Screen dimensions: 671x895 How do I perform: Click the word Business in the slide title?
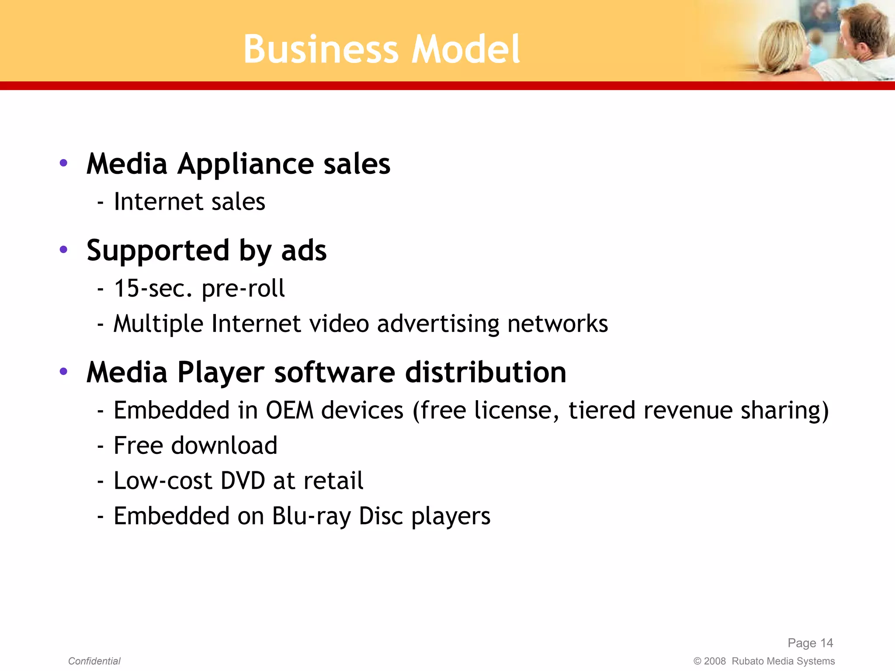pos(321,49)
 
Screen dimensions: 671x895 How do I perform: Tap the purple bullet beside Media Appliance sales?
pos(64,163)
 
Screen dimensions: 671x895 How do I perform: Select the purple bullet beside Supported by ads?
pos(64,250)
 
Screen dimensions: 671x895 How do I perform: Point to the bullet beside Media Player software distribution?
pos(64,372)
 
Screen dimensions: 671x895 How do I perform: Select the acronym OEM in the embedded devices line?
pos(290,411)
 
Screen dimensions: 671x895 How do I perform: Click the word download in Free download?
pos(224,446)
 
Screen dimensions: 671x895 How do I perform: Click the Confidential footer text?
pos(94,661)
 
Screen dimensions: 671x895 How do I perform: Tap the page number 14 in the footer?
pos(826,643)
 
